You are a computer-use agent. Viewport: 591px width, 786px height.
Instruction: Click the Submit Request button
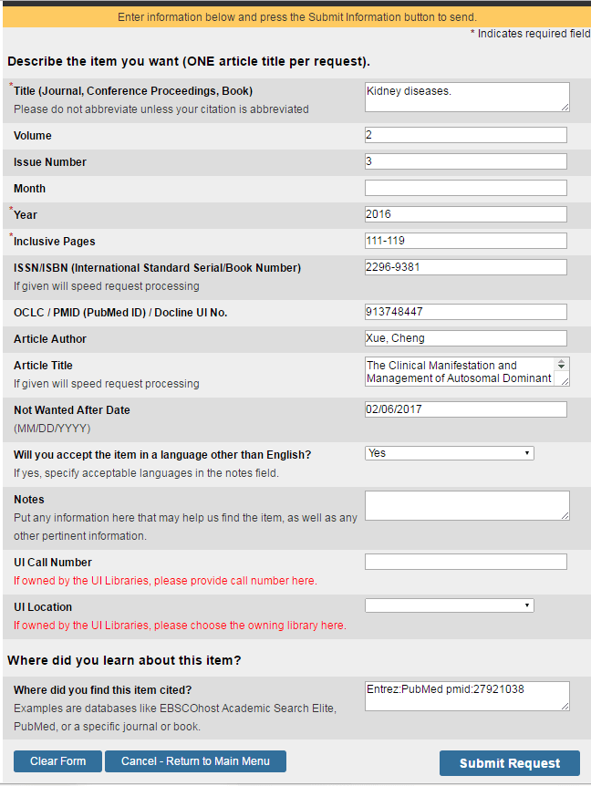point(510,763)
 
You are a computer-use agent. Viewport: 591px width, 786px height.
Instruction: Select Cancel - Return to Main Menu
point(195,761)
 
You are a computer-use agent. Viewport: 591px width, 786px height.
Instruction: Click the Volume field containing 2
point(465,135)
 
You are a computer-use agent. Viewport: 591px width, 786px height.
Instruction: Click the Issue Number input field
point(465,161)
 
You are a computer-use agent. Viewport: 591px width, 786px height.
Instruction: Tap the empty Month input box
point(465,188)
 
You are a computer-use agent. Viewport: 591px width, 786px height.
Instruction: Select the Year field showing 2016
point(465,214)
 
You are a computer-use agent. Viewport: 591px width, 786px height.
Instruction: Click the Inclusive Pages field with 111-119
point(465,241)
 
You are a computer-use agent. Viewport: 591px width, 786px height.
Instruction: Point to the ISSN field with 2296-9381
point(465,267)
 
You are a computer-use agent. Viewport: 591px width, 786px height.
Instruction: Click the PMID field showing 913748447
point(465,312)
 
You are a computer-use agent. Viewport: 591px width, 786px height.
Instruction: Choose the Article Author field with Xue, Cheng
point(465,338)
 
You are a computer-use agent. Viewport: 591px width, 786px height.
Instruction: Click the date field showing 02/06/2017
point(465,409)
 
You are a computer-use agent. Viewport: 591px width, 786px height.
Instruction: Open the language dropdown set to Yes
point(449,453)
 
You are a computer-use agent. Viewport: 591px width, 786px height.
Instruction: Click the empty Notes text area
point(467,505)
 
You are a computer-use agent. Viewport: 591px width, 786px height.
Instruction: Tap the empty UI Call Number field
point(465,562)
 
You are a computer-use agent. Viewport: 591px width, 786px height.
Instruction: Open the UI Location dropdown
point(449,605)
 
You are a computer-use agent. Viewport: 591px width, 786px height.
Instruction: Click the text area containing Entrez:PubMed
point(467,696)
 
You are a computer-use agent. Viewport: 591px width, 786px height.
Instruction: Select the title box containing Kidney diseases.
point(467,97)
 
